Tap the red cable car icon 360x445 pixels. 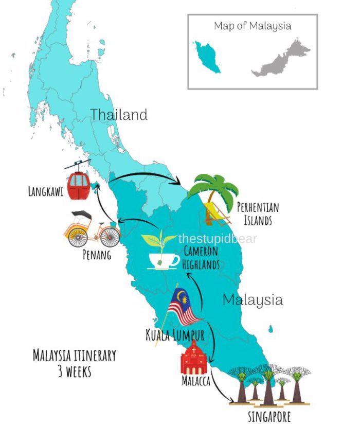tap(79, 185)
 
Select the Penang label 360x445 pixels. tap(97, 255)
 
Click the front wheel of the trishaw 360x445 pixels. tap(110, 237)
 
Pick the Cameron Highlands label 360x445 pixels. tap(201, 258)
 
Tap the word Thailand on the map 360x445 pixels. tap(119, 114)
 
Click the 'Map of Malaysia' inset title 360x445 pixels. tap(253, 26)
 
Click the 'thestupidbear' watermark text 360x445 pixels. tap(217, 239)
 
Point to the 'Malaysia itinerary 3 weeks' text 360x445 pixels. tap(75, 363)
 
